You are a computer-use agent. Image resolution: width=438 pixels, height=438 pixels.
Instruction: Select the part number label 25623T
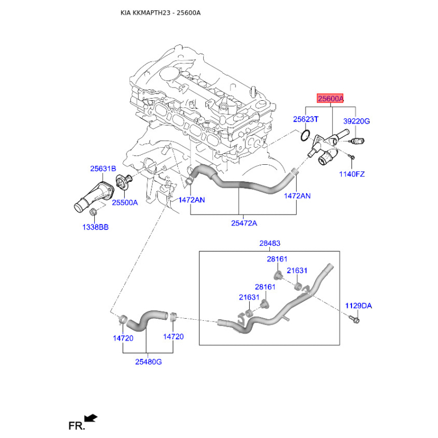[305, 119]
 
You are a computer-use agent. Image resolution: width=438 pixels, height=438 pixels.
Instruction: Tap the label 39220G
[356, 121]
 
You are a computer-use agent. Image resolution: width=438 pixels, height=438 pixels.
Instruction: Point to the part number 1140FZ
[351, 174]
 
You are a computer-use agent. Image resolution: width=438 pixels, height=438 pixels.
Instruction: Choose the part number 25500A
[125, 202]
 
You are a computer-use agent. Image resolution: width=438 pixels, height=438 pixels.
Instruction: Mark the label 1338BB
[95, 227]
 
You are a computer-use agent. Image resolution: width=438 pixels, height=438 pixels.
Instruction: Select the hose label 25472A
[244, 223]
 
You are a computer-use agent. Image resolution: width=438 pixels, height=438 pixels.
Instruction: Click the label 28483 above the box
[269, 243]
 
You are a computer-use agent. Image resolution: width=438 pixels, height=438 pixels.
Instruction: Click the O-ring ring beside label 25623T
[307, 135]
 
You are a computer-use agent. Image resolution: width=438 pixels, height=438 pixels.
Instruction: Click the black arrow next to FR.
[91, 418]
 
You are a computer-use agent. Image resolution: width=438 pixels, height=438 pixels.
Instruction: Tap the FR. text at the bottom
[76, 425]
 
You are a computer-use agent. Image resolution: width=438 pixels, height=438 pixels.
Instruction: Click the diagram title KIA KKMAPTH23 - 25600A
[160, 12]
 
